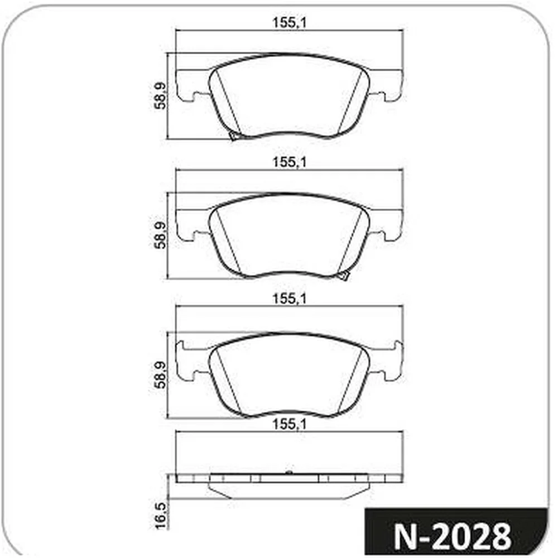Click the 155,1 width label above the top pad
289,23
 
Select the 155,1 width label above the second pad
289,162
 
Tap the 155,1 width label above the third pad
289,299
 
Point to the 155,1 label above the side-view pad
289,424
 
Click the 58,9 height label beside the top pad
161,96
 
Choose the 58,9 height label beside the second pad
161,235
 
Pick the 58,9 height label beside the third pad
161,375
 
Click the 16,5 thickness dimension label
161,516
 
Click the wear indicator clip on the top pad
234,136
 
